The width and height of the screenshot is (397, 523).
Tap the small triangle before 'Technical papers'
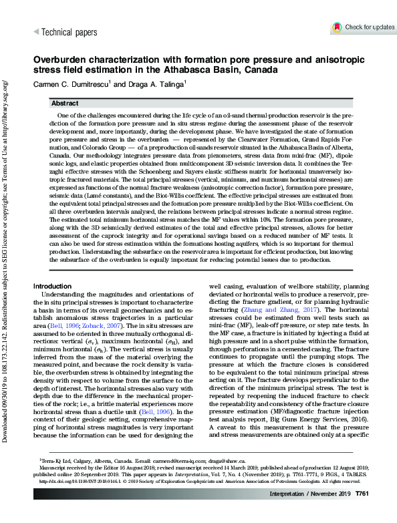click(x=36, y=31)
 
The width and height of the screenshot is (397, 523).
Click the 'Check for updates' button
click(x=363, y=27)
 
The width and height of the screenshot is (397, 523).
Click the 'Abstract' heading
click(x=65, y=104)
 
